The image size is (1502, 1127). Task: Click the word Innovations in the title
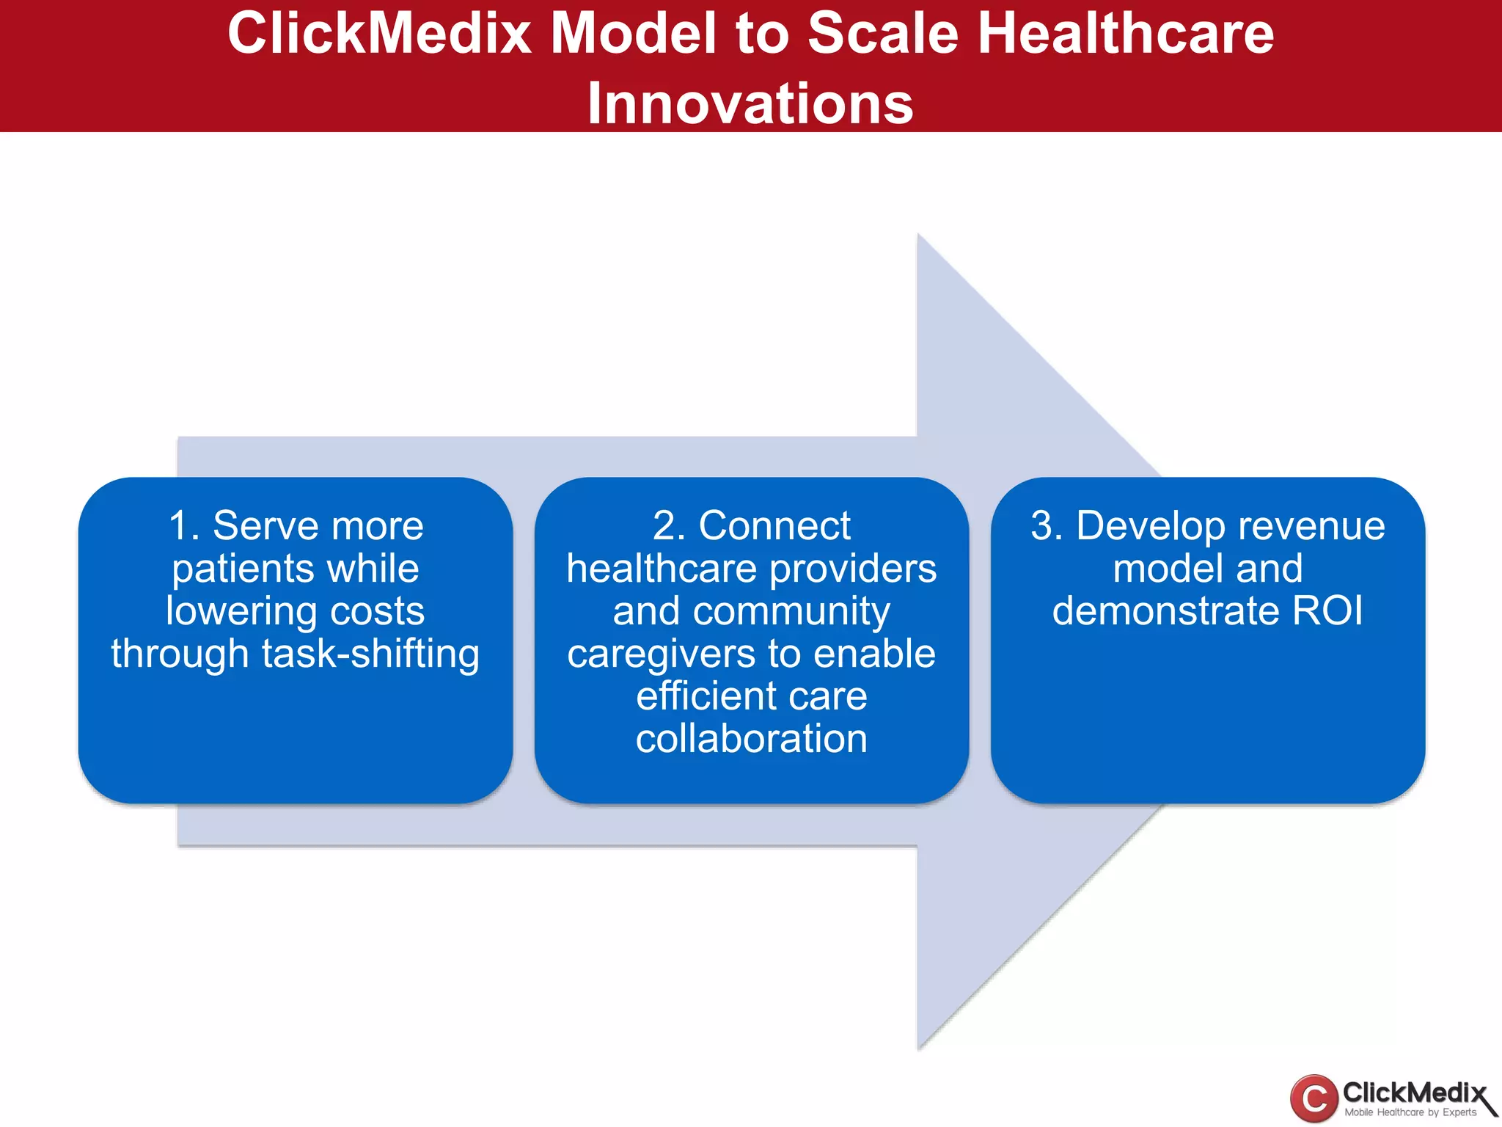750,103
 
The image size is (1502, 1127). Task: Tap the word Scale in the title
883,34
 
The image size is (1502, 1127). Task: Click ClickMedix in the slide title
379,34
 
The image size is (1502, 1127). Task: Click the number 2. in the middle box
669,526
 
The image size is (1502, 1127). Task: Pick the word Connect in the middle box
774,526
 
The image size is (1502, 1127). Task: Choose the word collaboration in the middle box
752,739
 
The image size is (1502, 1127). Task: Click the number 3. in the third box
1047,526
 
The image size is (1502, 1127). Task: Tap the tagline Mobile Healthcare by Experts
1410,1112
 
